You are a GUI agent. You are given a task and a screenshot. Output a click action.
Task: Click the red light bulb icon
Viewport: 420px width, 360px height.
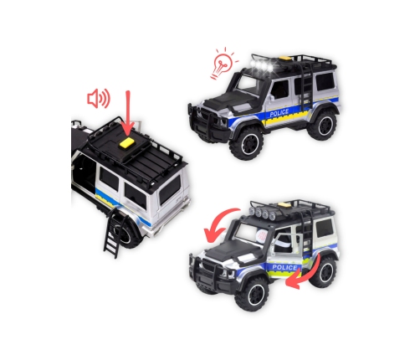[x=224, y=64]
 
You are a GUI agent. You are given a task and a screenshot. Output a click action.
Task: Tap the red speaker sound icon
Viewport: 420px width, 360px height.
[x=99, y=99]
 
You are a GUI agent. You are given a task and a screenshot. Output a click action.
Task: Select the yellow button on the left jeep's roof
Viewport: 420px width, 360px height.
[x=129, y=142]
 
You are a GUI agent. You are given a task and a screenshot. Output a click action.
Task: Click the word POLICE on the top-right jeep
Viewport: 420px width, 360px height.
[x=279, y=113]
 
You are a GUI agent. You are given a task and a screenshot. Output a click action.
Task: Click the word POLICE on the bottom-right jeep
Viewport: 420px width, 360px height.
[x=284, y=267]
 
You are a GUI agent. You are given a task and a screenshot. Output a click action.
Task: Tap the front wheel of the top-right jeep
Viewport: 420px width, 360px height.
[x=247, y=143]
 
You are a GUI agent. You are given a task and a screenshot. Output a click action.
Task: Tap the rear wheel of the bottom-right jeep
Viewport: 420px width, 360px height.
[x=324, y=272]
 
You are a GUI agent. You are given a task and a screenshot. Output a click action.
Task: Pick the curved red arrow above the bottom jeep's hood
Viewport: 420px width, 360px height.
[x=220, y=225]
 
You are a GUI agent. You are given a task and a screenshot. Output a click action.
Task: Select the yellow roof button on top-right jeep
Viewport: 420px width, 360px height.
[x=285, y=59]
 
